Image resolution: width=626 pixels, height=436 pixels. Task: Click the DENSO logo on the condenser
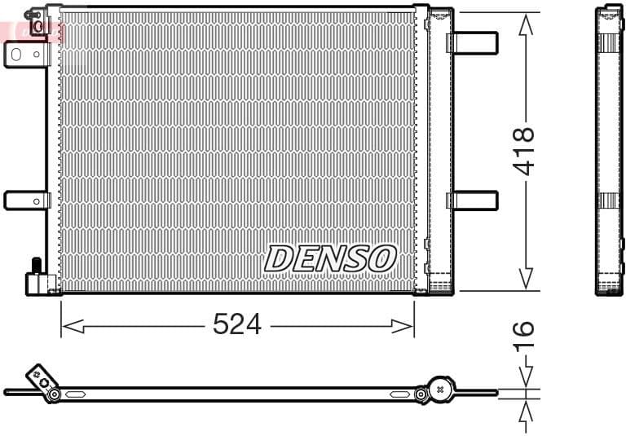(x=330, y=259)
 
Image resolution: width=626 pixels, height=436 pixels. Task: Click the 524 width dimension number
(x=236, y=324)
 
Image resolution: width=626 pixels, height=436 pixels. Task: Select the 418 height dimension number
(x=524, y=151)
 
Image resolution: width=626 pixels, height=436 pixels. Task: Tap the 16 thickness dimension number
(x=524, y=337)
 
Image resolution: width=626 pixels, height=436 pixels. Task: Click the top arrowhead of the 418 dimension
(x=527, y=24)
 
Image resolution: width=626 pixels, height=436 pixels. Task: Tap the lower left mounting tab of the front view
(x=26, y=200)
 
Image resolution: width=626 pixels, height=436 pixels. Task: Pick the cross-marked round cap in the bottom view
(x=441, y=389)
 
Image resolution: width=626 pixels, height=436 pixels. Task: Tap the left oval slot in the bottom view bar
(x=76, y=394)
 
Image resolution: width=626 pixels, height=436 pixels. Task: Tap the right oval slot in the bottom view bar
(x=399, y=394)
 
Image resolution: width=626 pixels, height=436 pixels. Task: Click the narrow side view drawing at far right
(x=608, y=151)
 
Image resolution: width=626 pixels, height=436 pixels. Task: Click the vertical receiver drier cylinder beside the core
(x=441, y=151)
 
